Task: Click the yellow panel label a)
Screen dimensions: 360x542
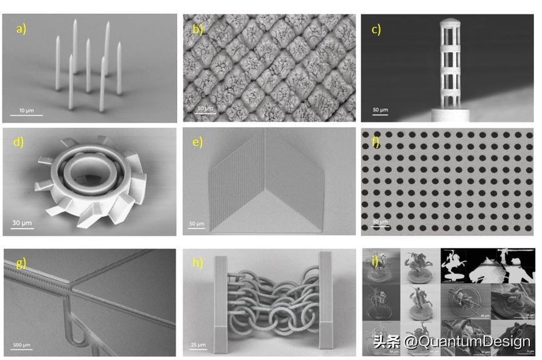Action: [x=21, y=29]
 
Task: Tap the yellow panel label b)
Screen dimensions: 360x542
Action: [x=198, y=29]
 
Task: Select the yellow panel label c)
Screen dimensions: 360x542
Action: [x=376, y=29]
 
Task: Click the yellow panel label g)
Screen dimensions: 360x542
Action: [x=20, y=263]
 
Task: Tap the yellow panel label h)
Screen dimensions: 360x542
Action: [x=198, y=263]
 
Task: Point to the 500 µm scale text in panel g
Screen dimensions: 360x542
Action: [x=22, y=345]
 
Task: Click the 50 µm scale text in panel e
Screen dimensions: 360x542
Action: [x=198, y=224]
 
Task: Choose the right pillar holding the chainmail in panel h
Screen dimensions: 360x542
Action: [x=327, y=301]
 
